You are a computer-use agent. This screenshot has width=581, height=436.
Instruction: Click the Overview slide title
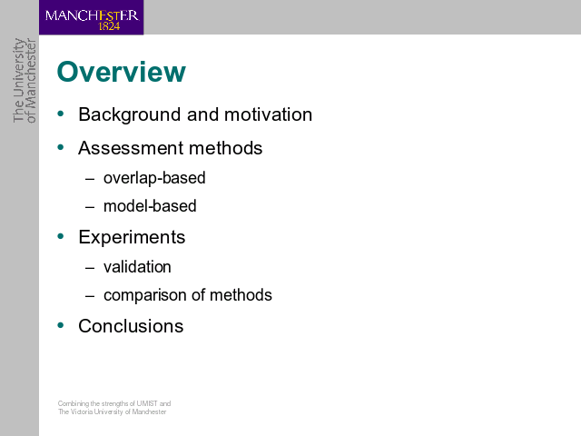[121, 72]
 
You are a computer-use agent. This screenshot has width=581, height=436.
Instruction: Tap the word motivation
[269, 114]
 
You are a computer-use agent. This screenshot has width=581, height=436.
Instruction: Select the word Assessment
[131, 148]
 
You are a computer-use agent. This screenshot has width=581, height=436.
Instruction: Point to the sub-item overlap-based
[154, 178]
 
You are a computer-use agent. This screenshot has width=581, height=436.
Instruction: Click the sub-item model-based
[150, 206]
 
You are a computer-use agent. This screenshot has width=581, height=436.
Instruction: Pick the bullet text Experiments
[132, 237]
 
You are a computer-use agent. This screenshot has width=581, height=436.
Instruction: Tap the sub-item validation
[137, 267]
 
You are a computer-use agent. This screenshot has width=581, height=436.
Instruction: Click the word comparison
[145, 295]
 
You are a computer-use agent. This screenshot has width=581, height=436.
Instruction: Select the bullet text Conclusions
[131, 326]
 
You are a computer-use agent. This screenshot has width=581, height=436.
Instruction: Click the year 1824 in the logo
[109, 26]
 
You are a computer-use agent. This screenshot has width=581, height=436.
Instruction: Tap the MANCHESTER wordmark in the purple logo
[92, 16]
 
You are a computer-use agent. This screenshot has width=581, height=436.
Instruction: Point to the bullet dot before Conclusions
[61, 325]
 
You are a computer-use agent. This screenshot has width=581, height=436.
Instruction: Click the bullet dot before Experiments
[61, 236]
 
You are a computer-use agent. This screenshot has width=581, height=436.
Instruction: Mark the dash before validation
[90, 268]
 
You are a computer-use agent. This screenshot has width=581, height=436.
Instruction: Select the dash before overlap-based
[90, 179]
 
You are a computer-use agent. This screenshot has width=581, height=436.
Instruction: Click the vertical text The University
[19, 80]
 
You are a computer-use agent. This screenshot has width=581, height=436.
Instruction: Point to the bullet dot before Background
[61, 114]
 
